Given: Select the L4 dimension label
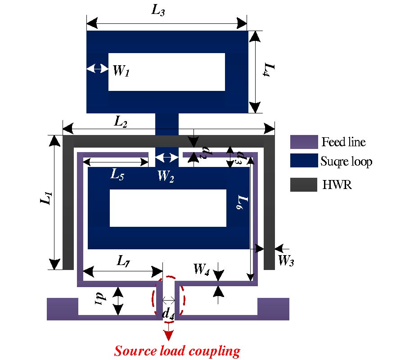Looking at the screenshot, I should tap(269, 71).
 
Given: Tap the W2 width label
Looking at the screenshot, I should tap(166, 177).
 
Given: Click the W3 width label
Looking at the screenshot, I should tap(286, 260).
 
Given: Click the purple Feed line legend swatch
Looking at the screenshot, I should tap(304, 142).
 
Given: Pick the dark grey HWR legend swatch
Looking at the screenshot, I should tap(304, 184).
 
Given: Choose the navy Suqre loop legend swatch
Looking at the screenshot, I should tap(304, 161).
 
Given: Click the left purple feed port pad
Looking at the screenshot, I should tap(62, 309).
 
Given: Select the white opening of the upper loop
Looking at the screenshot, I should tap(166, 72).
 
